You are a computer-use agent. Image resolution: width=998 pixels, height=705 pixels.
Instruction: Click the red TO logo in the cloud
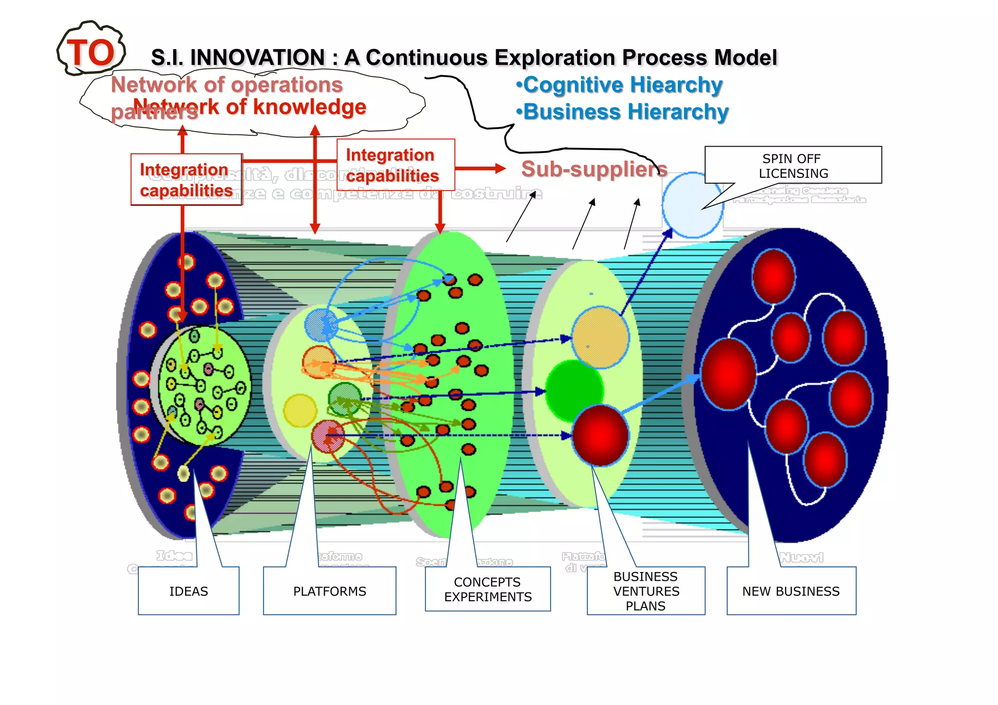91,53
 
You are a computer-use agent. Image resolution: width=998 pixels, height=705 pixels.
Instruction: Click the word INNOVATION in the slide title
257,57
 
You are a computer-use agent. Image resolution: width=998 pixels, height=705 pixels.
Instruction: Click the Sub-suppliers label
594,169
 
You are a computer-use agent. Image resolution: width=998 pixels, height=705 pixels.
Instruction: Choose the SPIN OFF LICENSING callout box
793,166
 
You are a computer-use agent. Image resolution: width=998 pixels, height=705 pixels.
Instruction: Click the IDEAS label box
189,591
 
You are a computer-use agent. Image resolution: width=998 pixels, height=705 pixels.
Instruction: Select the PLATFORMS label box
329,591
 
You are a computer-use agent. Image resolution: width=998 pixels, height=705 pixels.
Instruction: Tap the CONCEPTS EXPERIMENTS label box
488,589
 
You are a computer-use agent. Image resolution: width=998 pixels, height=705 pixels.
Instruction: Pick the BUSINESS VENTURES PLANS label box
646,591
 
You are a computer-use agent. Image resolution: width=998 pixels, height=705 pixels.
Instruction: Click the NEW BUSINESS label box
791,591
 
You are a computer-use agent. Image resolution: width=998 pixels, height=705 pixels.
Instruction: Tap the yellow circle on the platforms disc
300,410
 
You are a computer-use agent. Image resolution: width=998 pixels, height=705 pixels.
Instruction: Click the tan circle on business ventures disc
600,337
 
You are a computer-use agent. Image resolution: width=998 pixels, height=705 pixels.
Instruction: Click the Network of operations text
227,85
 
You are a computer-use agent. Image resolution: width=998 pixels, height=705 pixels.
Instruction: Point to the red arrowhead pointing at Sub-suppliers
500,169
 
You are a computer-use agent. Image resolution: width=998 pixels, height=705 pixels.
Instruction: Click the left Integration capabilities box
186,180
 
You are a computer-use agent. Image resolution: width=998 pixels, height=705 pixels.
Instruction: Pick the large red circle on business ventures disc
600,435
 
